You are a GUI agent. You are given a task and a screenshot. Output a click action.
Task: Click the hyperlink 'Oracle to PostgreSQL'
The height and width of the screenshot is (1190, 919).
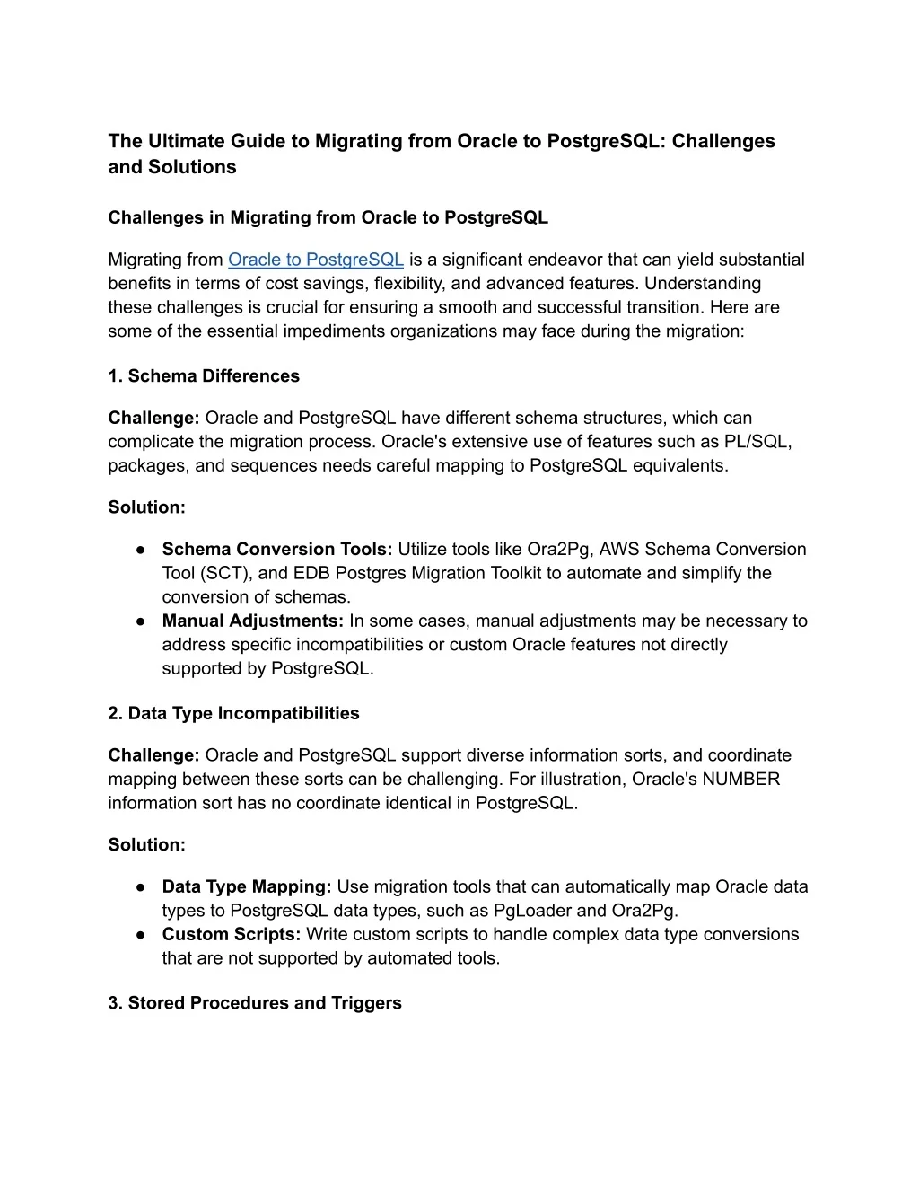pyautogui.click(x=315, y=260)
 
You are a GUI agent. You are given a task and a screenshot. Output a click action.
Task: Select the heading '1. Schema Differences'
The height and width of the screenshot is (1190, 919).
pyautogui.click(x=204, y=375)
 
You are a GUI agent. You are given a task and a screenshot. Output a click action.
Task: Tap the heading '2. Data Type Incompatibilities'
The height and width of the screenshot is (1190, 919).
pyautogui.click(x=233, y=713)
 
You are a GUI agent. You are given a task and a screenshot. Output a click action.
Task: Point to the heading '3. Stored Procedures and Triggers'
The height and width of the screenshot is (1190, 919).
pyautogui.click(x=255, y=1002)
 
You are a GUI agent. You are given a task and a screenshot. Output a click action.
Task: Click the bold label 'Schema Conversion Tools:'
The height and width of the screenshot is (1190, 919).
pyautogui.click(x=277, y=549)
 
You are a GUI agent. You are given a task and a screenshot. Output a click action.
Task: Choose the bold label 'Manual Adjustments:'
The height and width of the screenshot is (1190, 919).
pyautogui.click(x=253, y=621)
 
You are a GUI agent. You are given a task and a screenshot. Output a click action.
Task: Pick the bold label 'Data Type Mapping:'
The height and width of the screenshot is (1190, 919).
pyautogui.click(x=247, y=886)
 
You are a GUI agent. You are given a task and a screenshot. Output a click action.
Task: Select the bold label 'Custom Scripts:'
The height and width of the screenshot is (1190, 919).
pyautogui.click(x=232, y=934)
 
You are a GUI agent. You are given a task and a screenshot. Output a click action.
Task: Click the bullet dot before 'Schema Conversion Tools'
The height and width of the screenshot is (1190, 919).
pyautogui.click(x=142, y=549)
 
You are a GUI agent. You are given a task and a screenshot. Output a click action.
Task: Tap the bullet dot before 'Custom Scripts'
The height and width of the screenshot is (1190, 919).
pyautogui.click(x=142, y=934)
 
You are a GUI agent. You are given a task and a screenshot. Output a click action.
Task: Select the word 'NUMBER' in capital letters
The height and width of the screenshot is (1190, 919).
pyautogui.click(x=741, y=779)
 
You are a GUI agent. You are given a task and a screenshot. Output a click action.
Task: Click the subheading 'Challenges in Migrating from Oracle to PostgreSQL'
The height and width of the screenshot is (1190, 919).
pyautogui.click(x=328, y=217)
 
